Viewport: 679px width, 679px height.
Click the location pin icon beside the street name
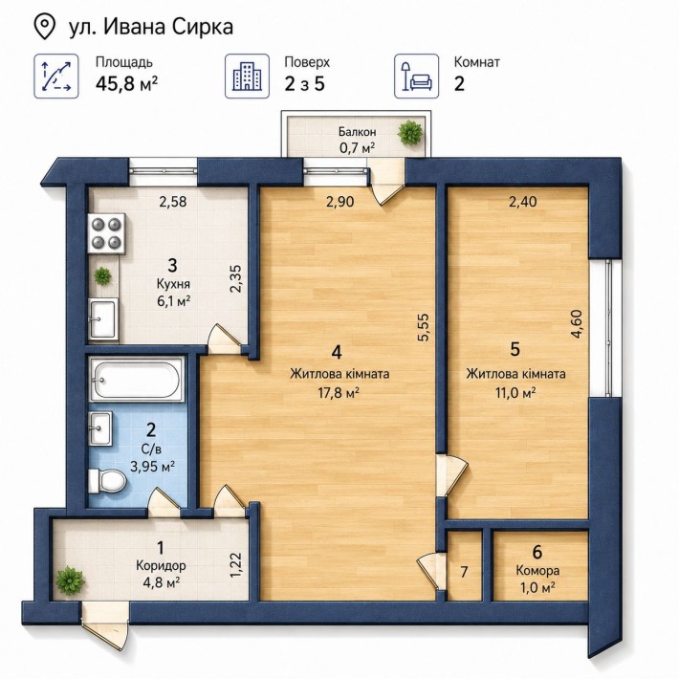coord(44,27)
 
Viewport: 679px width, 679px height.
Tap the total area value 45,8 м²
coord(126,83)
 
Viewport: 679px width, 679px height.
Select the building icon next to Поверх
coord(247,77)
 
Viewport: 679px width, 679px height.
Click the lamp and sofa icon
coord(416,77)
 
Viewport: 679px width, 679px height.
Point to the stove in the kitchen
coord(107,234)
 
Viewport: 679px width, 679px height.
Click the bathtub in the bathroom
coord(137,380)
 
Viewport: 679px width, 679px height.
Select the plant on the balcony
coord(409,133)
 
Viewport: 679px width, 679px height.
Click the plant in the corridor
coord(70,580)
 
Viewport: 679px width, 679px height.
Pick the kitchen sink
coord(103,318)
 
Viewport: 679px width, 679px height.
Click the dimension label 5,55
coord(423,327)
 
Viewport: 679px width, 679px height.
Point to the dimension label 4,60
coord(577,324)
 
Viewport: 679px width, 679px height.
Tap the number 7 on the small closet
coord(464,572)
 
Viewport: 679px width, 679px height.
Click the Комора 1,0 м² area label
coord(537,579)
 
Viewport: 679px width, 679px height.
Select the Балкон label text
coord(358,131)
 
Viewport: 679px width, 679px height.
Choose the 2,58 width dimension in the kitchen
coord(173,202)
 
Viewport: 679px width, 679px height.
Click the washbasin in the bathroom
coord(100,427)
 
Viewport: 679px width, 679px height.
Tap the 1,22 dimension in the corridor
coord(236,564)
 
